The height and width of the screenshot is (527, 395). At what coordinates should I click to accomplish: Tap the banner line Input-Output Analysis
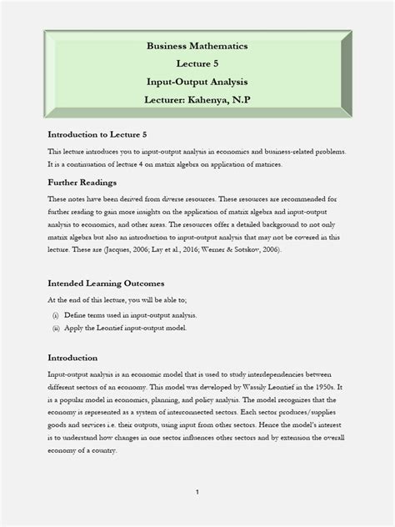[197, 82]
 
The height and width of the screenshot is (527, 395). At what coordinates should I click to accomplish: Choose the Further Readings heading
[82, 182]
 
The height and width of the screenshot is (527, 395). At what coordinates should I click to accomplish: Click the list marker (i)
[55, 315]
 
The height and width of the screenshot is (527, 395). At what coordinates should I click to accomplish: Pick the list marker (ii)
[55, 329]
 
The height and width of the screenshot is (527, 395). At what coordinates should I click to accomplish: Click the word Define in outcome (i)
[81, 315]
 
